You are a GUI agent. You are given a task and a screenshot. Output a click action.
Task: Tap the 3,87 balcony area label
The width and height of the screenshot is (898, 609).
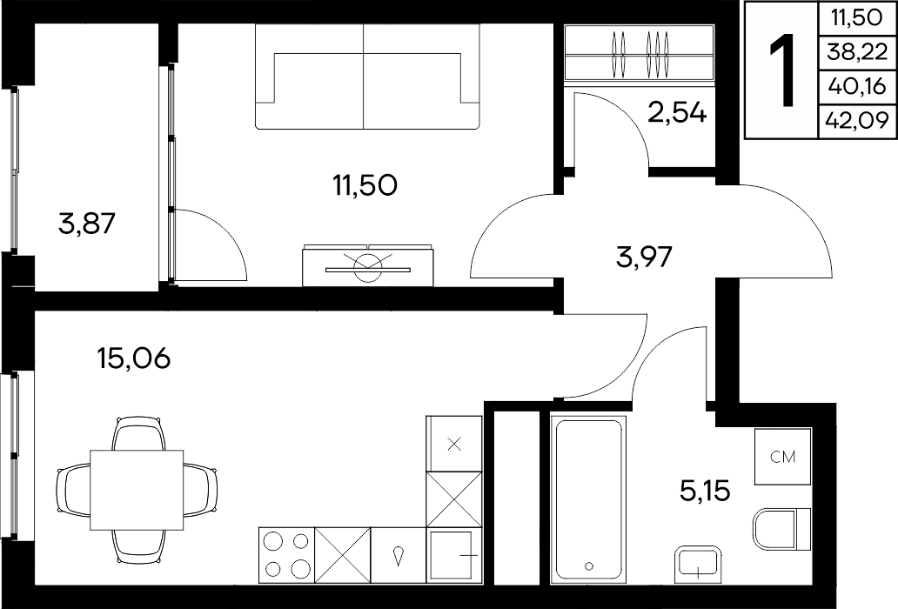click(87, 224)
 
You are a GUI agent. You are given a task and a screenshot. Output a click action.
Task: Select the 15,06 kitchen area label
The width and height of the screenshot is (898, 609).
click(134, 358)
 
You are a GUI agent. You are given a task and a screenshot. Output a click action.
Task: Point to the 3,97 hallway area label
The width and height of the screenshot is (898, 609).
click(644, 257)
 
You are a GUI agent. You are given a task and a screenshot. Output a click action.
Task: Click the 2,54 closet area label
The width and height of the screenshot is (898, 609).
click(678, 113)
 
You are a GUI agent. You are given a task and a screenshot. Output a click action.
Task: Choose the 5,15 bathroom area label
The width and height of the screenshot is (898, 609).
click(705, 491)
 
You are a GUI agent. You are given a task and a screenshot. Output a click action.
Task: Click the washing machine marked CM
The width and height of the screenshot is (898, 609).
click(782, 456)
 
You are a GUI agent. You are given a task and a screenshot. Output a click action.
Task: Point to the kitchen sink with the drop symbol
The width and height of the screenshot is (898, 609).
click(399, 555)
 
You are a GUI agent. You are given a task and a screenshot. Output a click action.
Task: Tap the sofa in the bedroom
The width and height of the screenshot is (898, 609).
click(366, 77)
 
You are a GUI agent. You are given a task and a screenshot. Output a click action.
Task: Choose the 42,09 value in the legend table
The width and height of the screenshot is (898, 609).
click(857, 121)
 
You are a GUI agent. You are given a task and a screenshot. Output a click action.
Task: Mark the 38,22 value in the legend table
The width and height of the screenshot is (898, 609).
click(857, 53)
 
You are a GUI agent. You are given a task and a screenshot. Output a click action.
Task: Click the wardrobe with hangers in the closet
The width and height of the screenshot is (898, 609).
click(640, 53)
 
